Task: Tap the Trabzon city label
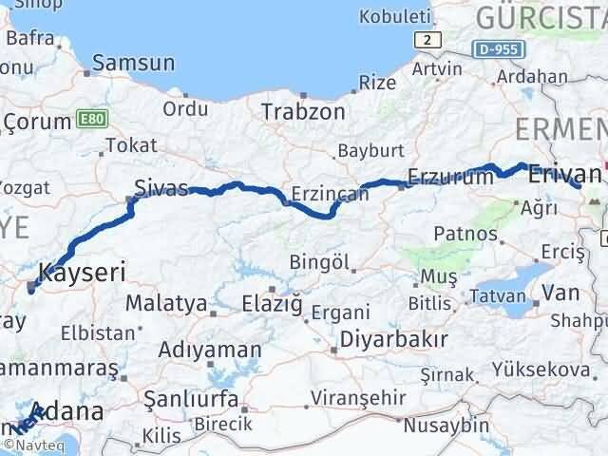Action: pyautogui.click(x=304, y=111)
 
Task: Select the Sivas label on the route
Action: pyautogui.click(x=161, y=186)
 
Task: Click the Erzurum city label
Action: pyautogui.click(x=449, y=177)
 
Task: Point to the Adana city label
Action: pyautogui.click(x=84, y=412)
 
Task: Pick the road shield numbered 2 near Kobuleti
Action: pyautogui.click(x=429, y=39)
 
